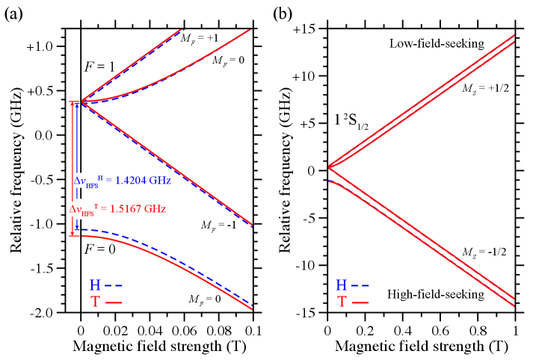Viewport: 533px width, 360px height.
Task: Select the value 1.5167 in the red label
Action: point(125,209)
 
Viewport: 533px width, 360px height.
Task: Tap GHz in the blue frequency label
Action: point(160,181)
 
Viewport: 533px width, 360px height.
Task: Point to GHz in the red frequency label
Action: point(154,209)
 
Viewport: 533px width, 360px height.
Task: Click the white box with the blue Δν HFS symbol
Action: point(86,181)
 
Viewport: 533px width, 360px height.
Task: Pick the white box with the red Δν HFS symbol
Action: point(83,210)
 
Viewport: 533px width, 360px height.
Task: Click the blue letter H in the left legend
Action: point(95,285)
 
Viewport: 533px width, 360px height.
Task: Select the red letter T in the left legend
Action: point(95,302)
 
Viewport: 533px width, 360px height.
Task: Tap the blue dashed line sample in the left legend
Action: point(114,286)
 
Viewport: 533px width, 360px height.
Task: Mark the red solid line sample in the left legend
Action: point(114,302)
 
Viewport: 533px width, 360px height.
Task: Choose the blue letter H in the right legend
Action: point(341,285)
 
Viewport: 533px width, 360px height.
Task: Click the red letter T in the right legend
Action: point(342,302)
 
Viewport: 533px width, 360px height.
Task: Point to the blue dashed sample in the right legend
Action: point(360,286)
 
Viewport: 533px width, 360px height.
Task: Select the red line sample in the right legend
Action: point(360,302)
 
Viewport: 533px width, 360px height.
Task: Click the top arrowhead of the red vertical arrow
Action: point(73,105)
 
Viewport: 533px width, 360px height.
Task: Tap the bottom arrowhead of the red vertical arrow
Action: point(73,232)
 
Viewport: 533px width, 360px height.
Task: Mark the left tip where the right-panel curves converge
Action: point(330,167)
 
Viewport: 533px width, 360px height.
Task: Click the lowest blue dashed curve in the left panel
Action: point(187,258)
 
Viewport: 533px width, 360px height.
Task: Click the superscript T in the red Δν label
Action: point(96,206)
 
